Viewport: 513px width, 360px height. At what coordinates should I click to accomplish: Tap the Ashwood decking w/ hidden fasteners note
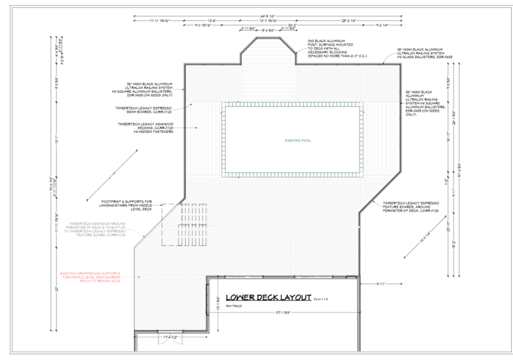pos(145,128)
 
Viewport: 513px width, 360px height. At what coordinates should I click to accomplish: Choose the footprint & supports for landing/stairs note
pos(127,204)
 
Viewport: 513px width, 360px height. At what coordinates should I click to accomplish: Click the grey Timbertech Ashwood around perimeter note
pos(98,229)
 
